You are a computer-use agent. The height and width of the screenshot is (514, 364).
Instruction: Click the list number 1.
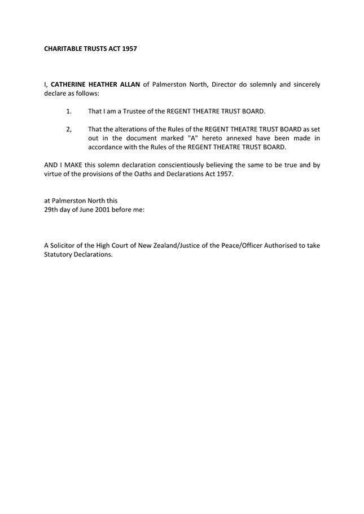(x=69, y=112)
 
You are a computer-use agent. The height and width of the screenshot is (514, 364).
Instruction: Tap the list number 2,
(x=69, y=129)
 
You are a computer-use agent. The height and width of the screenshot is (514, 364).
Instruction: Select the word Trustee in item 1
(x=129, y=112)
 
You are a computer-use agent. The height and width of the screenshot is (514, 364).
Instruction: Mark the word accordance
(x=107, y=147)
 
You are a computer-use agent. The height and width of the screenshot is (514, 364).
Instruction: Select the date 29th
(x=51, y=210)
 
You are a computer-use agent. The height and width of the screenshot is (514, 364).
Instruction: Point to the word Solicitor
(x=65, y=245)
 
